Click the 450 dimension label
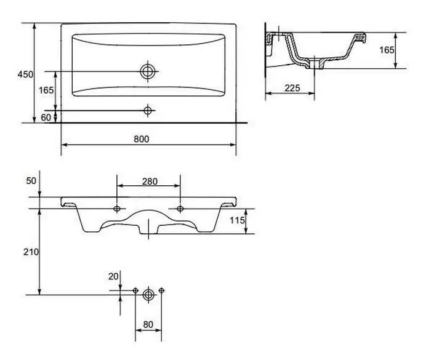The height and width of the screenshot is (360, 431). tap(25, 74)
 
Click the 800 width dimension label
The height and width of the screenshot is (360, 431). tap(142, 139)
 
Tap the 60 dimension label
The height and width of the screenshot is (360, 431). tap(46, 118)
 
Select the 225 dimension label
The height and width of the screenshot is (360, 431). tap(292, 88)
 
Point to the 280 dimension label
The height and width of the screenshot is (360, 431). tap(150, 182)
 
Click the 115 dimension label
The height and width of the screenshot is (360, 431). tap(237, 220)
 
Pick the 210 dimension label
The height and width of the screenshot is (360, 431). tap(31, 252)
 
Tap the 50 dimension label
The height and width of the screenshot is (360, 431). tap(31, 180)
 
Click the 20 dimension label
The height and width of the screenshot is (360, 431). tap(113, 276)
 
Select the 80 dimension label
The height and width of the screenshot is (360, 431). tap(148, 324)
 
